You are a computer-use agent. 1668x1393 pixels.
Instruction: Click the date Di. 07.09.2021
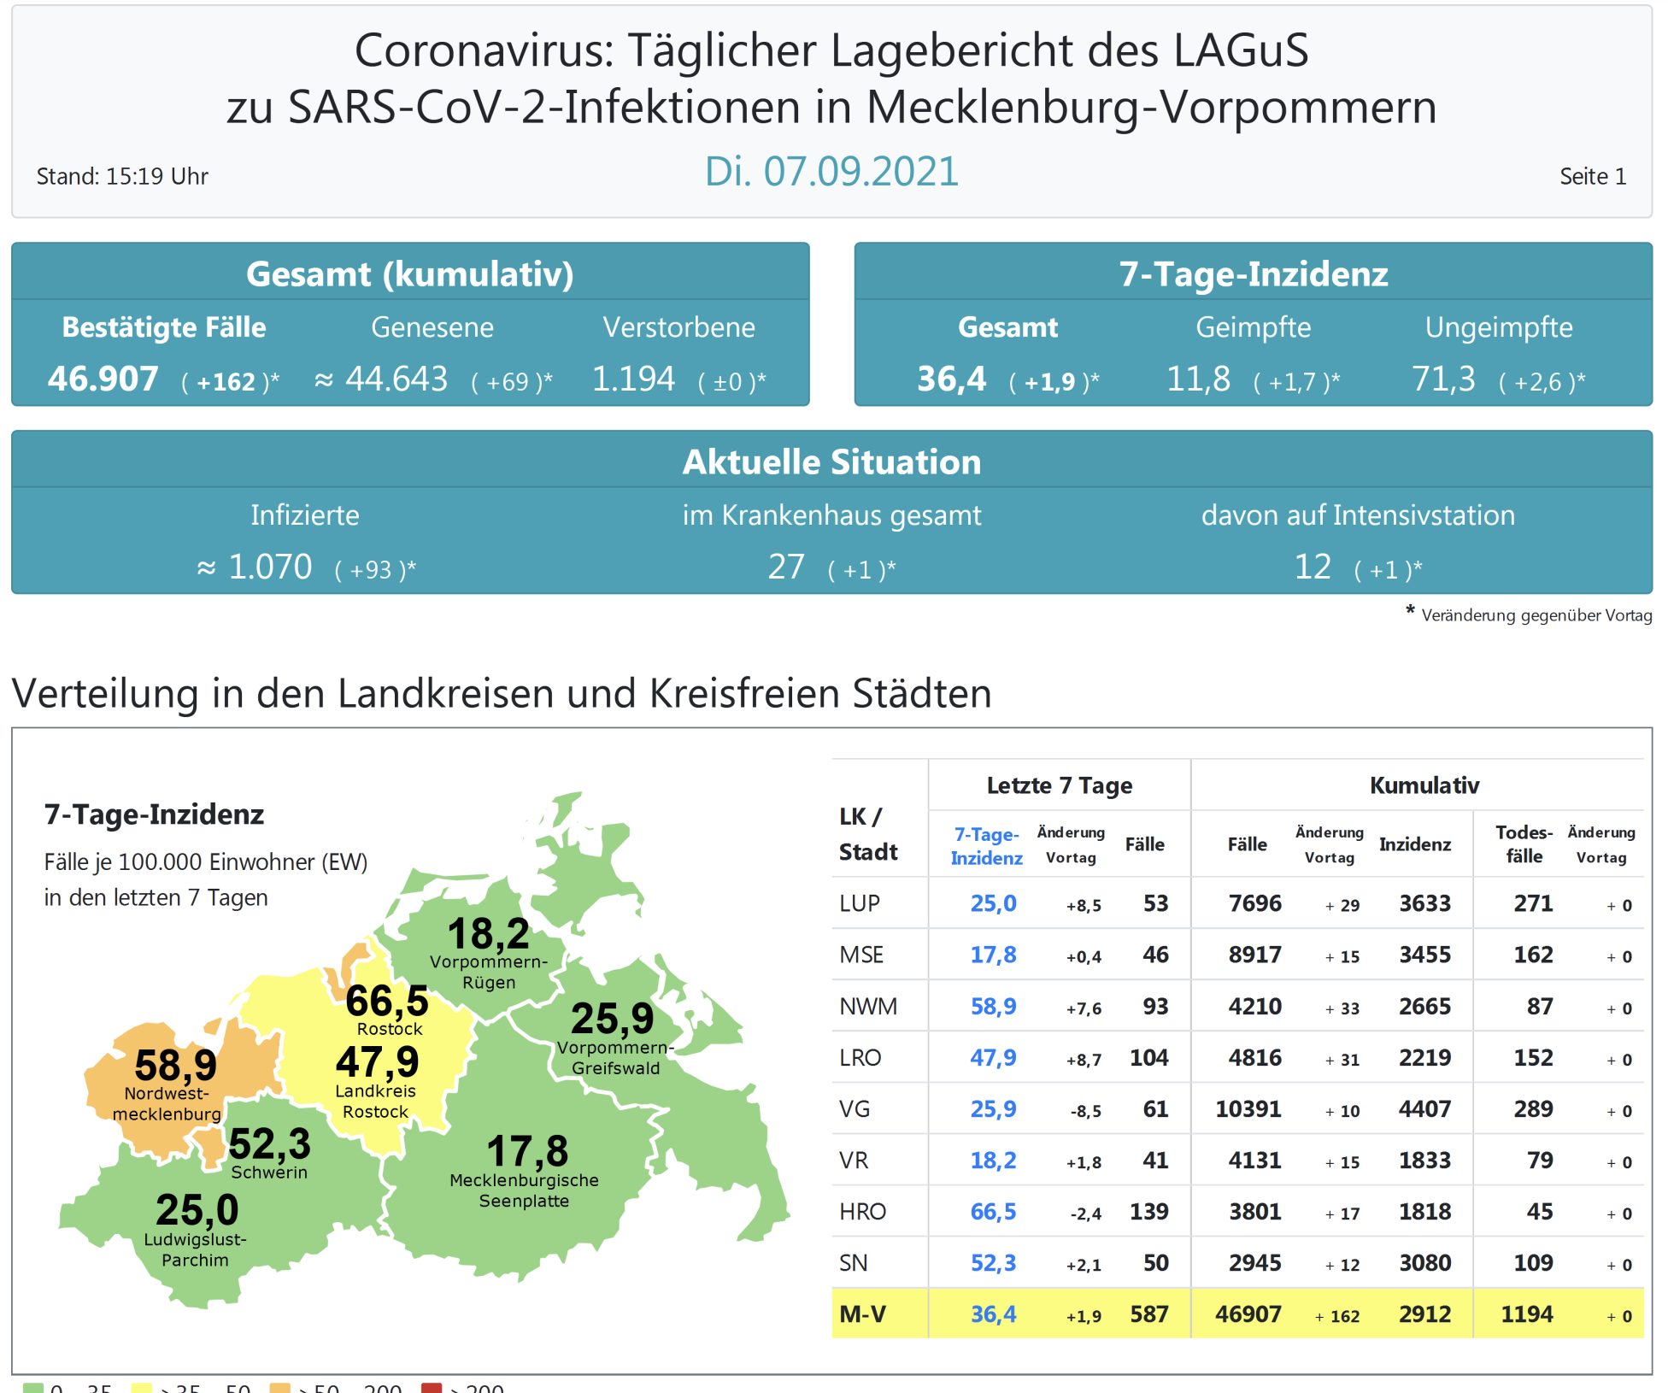coord(831,172)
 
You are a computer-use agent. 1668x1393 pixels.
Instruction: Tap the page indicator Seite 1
coord(1592,176)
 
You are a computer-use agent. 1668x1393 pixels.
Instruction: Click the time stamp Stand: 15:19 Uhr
coord(122,176)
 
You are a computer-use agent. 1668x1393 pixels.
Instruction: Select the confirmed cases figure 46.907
coord(103,379)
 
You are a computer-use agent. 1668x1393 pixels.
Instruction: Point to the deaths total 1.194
coord(633,379)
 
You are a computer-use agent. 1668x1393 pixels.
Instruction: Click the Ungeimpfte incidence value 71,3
coord(1443,379)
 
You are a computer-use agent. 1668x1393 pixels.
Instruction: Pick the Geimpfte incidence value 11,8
coord(1198,379)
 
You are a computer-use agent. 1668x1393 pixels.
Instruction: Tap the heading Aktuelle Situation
coord(831,461)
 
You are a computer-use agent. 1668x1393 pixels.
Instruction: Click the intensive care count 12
coord(1313,567)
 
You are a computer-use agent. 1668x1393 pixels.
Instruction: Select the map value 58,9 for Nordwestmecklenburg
coord(175,1065)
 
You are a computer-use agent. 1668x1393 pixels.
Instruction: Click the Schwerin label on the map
coord(269,1173)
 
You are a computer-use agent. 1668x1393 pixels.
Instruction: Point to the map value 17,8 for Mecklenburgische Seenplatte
coord(527,1150)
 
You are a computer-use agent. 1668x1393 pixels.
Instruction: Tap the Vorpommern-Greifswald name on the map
coord(615,1058)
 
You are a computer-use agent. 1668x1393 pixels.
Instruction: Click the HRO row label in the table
coord(862,1211)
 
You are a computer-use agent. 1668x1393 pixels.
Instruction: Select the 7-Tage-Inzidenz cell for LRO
coord(993,1057)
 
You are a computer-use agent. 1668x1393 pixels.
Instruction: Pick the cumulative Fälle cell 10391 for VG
coord(1248,1108)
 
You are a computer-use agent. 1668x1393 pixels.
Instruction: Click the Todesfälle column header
coord(1524,843)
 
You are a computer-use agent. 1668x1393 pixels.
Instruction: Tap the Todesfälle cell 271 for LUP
coord(1533,903)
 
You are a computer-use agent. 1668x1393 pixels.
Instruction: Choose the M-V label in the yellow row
coord(862,1314)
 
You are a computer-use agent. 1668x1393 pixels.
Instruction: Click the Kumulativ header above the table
coord(1424,785)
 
